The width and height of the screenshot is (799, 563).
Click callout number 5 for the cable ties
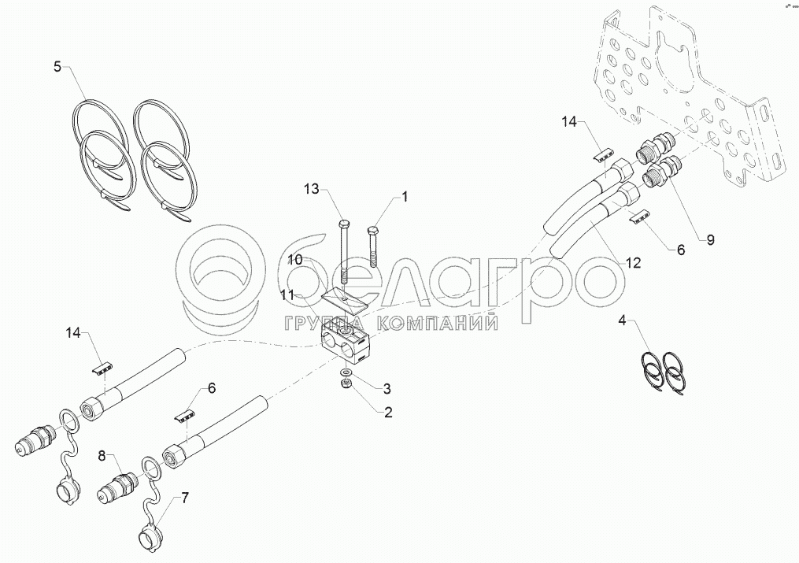pyautogui.click(x=57, y=66)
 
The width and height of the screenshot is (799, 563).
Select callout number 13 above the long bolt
pyautogui.click(x=312, y=190)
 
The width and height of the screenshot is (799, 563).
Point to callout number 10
pyautogui.click(x=294, y=260)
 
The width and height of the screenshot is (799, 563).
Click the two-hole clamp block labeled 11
pyautogui.click(x=345, y=343)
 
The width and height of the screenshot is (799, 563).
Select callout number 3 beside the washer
pyautogui.click(x=387, y=389)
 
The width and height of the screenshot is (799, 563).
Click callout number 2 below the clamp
pyautogui.click(x=388, y=412)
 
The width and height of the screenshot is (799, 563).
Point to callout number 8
pyautogui.click(x=102, y=456)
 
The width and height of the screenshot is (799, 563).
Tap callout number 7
pyautogui.click(x=184, y=498)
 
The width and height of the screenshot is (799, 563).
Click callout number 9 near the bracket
pyautogui.click(x=710, y=239)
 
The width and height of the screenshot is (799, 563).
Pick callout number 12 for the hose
pyautogui.click(x=633, y=263)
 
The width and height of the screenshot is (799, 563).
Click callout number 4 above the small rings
pyautogui.click(x=622, y=320)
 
